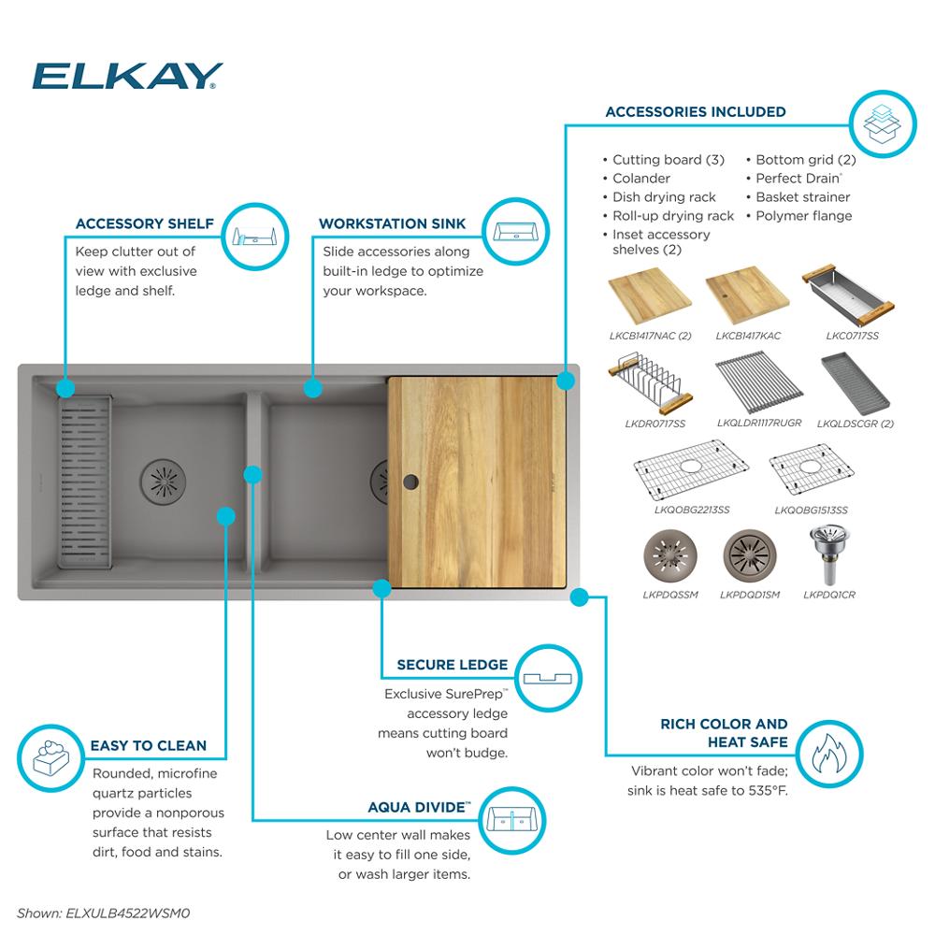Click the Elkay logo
click(x=127, y=76)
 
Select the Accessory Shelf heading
click(x=144, y=224)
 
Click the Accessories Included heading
click(x=696, y=112)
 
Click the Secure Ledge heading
click(x=452, y=665)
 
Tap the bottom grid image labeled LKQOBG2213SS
click(x=691, y=476)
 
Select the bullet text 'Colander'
click(x=640, y=179)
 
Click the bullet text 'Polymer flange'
click(x=803, y=216)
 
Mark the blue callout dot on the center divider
click(x=252, y=474)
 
